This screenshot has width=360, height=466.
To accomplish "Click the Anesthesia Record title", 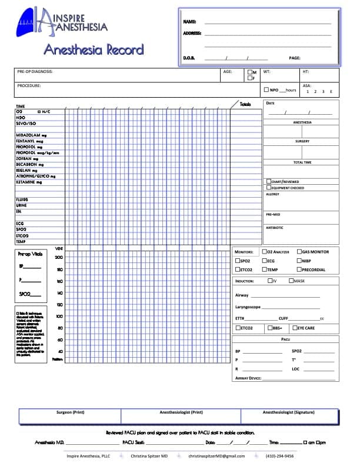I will [94, 49].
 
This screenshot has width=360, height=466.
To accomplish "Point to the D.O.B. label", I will [189, 58].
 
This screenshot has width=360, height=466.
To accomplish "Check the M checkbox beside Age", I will [250, 72].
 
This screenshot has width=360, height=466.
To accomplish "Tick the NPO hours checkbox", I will [266, 90].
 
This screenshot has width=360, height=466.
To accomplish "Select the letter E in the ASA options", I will [331, 92].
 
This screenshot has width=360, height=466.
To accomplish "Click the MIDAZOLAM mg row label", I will [31, 135].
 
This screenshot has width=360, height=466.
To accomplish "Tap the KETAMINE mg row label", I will [31, 182].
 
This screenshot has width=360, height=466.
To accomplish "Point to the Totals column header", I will [245, 104].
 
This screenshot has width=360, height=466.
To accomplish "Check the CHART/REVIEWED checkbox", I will [269, 182].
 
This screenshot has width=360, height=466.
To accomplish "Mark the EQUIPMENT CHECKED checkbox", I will [269, 188].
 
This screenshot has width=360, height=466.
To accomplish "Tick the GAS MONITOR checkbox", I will [299, 252].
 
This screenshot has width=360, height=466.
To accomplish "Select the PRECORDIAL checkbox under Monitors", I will [299, 269].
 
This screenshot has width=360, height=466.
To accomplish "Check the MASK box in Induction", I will [291, 281].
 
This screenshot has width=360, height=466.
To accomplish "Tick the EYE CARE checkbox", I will [295, 328].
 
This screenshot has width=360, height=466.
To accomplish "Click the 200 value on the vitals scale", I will [59, 258].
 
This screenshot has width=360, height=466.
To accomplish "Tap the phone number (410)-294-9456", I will [281, 456].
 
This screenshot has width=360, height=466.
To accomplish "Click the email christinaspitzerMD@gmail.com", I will [217, 456].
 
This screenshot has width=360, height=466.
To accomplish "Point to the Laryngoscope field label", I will [248, 307].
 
